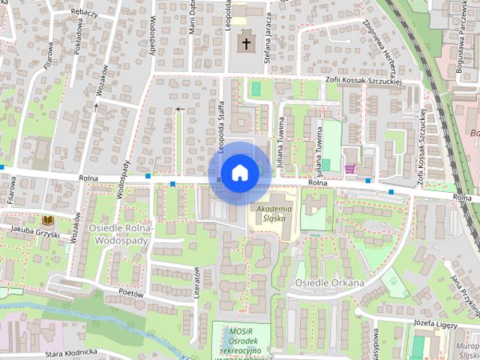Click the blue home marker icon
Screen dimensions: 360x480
tap(239, 172)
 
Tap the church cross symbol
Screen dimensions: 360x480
tap(245, 43)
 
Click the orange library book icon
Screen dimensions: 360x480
tap(48, 220)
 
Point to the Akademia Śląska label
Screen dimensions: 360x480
tap(273, 214)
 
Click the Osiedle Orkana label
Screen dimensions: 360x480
tap(329, 283)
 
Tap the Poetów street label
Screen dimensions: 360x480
tap(130, 295)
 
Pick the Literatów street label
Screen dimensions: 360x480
tap(198, 283)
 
